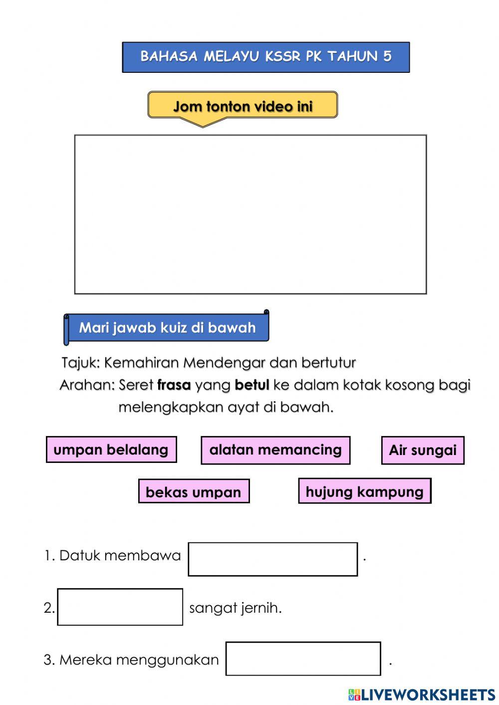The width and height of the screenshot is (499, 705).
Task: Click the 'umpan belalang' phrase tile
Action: point(111,450)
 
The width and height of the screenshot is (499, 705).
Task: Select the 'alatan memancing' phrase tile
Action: point(275,450)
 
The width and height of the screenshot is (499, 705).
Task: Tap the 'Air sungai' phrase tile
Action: point(423,450)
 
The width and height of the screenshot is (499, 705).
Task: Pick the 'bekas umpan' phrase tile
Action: point(194,491)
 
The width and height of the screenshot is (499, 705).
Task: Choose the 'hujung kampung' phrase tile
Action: point(364,491)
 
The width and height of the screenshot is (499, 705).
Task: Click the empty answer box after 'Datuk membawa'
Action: point(272,559)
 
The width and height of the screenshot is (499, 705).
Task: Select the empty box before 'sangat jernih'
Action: point(120,607)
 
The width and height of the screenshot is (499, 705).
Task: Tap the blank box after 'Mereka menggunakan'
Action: point(303,659)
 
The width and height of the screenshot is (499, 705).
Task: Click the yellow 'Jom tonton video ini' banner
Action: point(243,106)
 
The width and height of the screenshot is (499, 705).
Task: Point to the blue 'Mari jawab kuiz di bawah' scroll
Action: point(167,328)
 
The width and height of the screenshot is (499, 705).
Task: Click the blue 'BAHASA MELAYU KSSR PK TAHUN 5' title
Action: point(265,57)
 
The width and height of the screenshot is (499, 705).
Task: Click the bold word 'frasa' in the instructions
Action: point(174,385)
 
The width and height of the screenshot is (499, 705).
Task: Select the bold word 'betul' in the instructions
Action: point(251,385)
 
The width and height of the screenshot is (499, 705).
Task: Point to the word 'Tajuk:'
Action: point(81,363)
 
